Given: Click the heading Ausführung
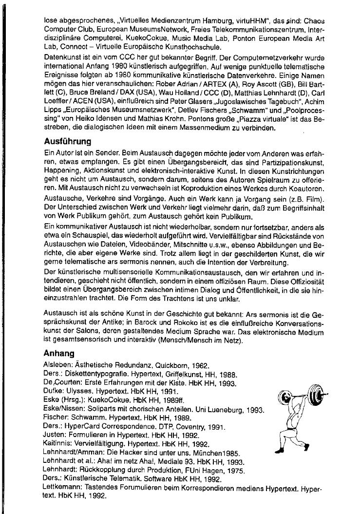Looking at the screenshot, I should coord(67,142).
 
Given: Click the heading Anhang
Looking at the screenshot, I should coord(58,353).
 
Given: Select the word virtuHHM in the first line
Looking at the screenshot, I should coord(224,22).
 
